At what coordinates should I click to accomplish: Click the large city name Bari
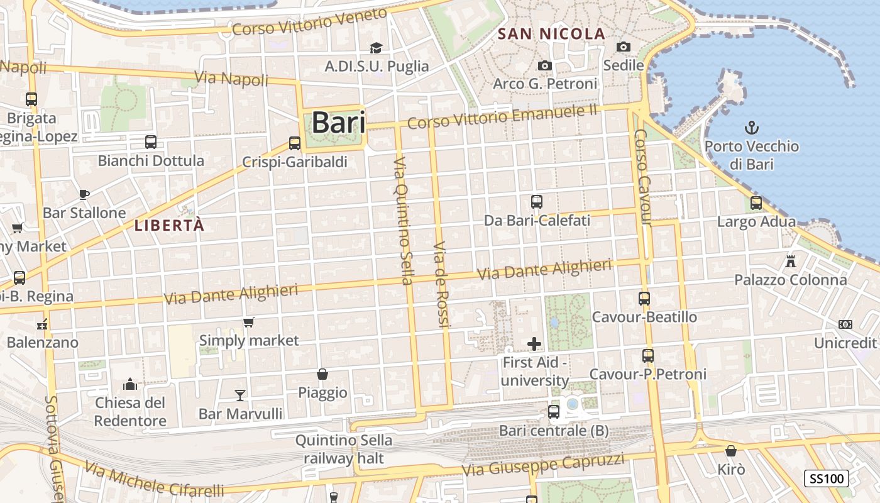(338, 123)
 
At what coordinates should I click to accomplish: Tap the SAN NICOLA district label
(551, 34)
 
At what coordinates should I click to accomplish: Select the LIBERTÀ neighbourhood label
(170, 226)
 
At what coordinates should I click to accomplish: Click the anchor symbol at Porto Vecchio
(751, 128)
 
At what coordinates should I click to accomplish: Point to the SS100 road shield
(827, 478)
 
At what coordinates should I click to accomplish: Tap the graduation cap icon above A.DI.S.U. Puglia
(376, 48)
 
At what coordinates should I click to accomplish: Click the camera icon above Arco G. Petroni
(545, 65)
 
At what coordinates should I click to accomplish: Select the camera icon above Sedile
(624, 47)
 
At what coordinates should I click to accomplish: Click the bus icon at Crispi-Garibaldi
(295, 143)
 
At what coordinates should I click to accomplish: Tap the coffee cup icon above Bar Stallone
(84, 194)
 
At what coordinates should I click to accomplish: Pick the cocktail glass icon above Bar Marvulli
(240, 395)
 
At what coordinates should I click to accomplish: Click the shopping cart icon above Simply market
(249, 323)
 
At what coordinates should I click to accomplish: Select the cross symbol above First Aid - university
(534, 344)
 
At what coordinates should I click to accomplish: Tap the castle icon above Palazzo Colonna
(791, 261)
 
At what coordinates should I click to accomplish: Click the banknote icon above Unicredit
(845, 324)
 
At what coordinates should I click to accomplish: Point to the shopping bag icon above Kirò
(731, 451)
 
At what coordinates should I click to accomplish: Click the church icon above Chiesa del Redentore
(130, 384)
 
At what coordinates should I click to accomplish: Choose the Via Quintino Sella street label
(403, 220)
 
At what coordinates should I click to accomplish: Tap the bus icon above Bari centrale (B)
(554, 412)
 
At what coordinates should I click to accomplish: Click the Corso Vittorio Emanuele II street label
(502, 116)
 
